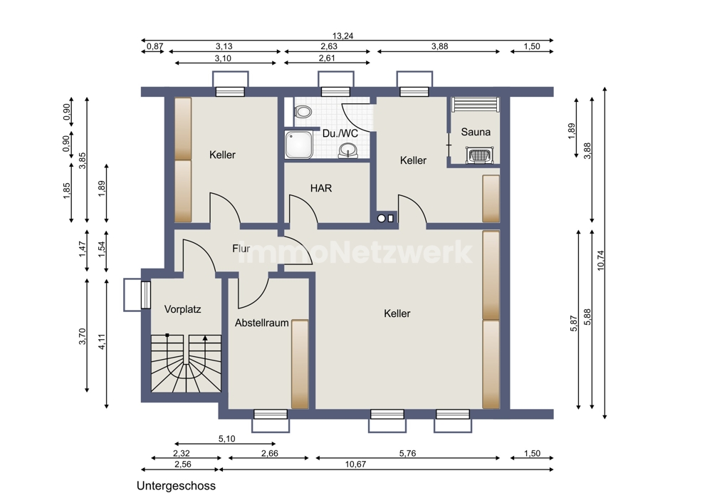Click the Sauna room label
tap(476, 132)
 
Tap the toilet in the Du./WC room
tap(302, 111)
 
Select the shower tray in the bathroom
tap(298, 145)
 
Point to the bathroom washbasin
tap(348, 150)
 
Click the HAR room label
tap(321, 187)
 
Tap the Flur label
tap(241, 249)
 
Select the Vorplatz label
tap(182, 309)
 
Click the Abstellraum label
tap(261, 323)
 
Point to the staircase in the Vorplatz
tap(186, 363)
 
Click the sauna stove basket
tap(478, 155)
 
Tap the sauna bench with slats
tap(476, 104)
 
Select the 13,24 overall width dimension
tap(343, 36)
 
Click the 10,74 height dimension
tap(601, 261)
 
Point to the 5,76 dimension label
tap(407, 453)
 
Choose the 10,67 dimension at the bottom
tap(355, 464)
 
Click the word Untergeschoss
tap(176, 486)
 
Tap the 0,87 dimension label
tap(155, 46)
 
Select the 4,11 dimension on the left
tap(102, 342)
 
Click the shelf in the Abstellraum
tap(300, 364)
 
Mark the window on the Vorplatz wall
tap(145, 295)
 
